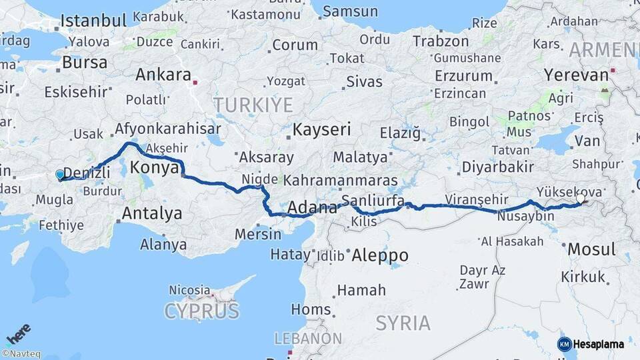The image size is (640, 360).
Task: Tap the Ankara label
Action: point(163,75)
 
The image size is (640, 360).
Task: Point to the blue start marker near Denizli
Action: point(60,175)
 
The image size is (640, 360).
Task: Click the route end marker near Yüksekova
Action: point(581,198)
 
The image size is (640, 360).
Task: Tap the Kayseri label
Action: point(322,129)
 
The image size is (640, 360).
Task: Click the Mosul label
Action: point(591,250)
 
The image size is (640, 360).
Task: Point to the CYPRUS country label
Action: point(201,311)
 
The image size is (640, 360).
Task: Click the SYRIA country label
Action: point(403,323)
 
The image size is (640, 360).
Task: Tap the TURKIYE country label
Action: point(253,105)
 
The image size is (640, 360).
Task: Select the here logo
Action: point(18,334)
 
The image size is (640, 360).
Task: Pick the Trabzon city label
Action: point(441,41)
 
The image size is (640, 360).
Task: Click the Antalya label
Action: point(151,214)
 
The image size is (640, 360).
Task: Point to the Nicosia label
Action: point(190,291)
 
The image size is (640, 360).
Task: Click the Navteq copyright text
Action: point(21,354)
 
